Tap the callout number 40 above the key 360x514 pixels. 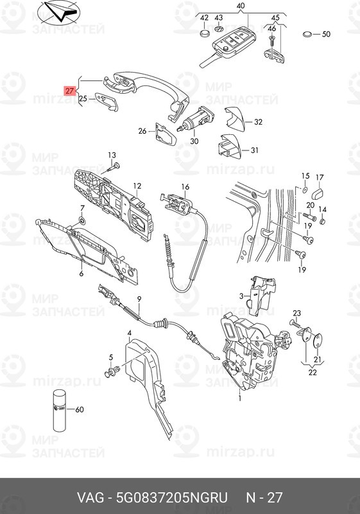(x=241, y=6)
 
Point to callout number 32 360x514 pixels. (x=258, y=121)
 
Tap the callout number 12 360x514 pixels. (x=137, y=186)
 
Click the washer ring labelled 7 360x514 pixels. (x=83, y=221)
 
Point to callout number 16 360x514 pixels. (x=185, y=187)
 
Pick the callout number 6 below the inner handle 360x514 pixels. (x=81, y=274)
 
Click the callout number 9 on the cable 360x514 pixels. (x=139, y=299)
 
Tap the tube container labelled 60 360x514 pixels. (x=59, y=409)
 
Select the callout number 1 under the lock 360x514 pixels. (x=240, y=398)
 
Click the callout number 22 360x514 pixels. (x=313, y=372)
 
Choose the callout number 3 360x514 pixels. (x=241, y=296)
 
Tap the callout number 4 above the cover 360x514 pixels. (x=129, y=332)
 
